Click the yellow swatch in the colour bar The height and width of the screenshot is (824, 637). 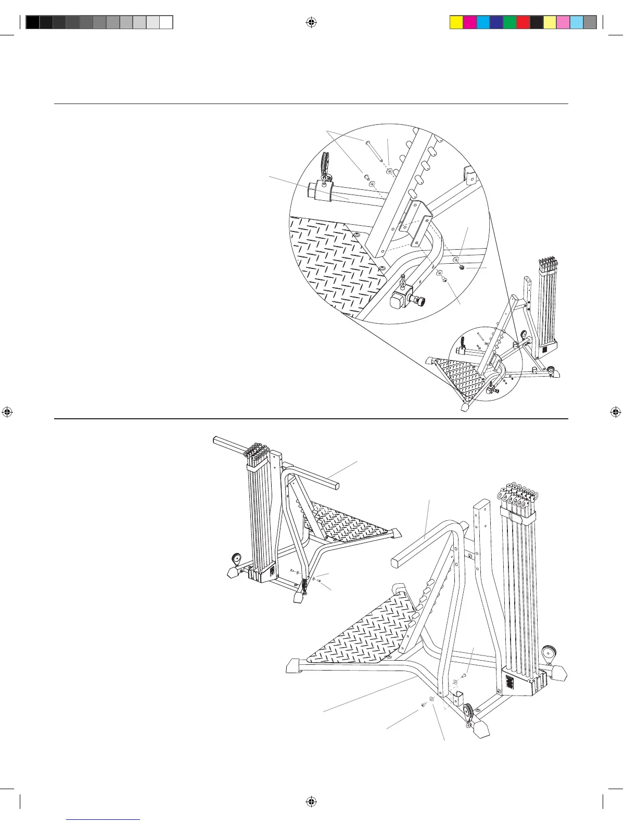[x=456, y=22]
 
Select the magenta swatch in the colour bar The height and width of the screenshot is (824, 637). [x=470, y=22]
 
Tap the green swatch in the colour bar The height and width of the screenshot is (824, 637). [x=510, y=22]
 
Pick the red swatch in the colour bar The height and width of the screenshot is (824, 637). [x=524, y=22]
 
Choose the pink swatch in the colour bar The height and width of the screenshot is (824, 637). [x=563, y=22]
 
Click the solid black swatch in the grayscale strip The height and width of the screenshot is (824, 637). [x=32, y=22]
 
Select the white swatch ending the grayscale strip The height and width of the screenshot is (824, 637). [x=166, y=22]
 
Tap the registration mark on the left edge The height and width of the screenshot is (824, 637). [x=7, y=412]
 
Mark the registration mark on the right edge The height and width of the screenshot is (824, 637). [x=616, y=412]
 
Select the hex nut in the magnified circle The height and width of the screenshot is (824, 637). [x=462, y=268]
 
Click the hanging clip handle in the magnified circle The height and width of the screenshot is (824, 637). [x=325, y=163]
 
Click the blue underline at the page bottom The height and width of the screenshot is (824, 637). [x=104, y=820]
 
